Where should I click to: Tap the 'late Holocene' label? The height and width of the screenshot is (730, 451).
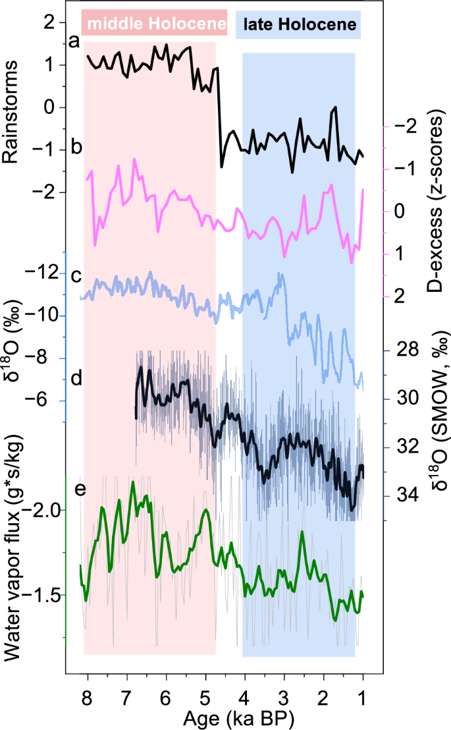click(300, 25)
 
